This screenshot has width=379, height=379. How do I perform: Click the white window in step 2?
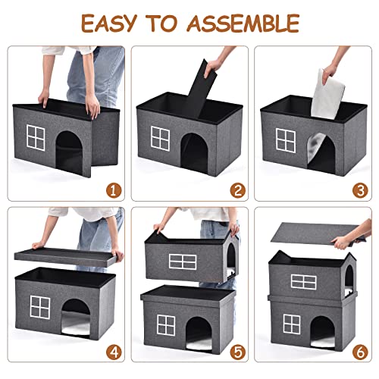pos(161,139)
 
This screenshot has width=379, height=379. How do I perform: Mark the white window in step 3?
pos(286,139)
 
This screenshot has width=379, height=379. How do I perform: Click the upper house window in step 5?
pos(182,261)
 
